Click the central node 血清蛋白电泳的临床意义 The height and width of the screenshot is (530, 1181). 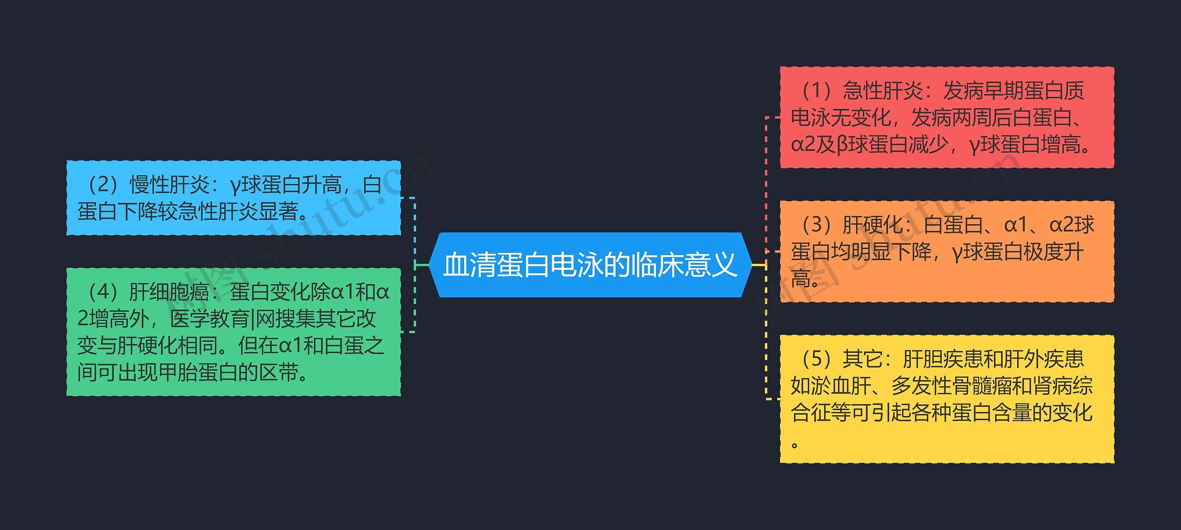click(x=590, y=265)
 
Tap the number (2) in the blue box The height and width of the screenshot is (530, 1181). click(x=102, y=185)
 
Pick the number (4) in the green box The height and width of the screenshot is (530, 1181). click(x=102, y=292)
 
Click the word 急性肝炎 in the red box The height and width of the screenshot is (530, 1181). click(x=883, y=90)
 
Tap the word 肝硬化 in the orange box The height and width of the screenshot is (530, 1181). click(x=873, y=225)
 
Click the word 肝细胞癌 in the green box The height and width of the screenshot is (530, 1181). click(x=169, y=292)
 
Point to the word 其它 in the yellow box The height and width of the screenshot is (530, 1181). click(x=863, y=359)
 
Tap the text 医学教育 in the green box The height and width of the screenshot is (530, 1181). click(x=210, y=319)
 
